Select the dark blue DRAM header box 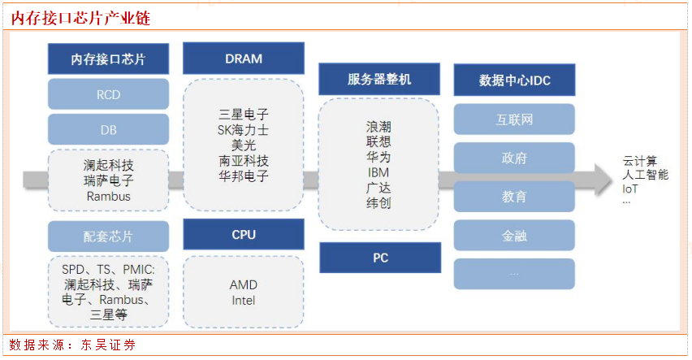tap(244, 59)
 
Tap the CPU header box tap(244, 235)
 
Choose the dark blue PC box tap(380, 258)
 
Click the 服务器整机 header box tap(380, 79)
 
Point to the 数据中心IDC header tap(514, 80)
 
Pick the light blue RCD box tap(108, 94)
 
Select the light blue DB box tap(108, 129)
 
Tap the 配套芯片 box tap(108, 236)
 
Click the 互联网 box tap(514, 119)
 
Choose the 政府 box tap(514, 158)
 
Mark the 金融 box tap(514, 236)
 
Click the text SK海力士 tap(244, 130)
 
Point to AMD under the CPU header tap(244, 285)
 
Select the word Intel tap(244, 301)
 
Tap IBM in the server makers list tap(379, 173)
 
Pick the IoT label tap(631, 189)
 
